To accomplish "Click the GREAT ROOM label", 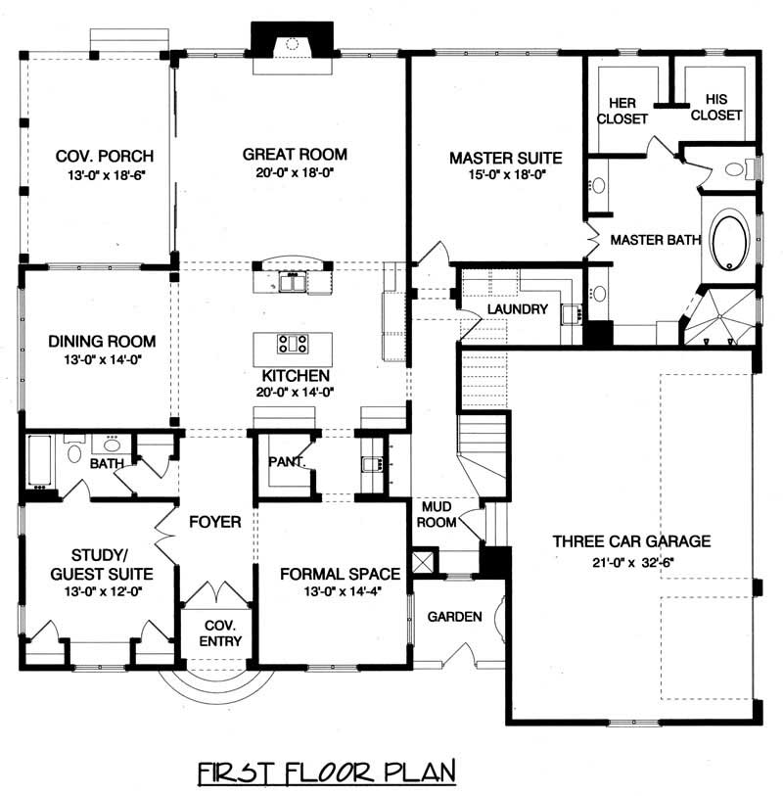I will [x=295, y=154].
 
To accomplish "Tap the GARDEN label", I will [x=454, y=617].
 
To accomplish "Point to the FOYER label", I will [x=216, y=523].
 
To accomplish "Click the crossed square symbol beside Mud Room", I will [x=424, y=563].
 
